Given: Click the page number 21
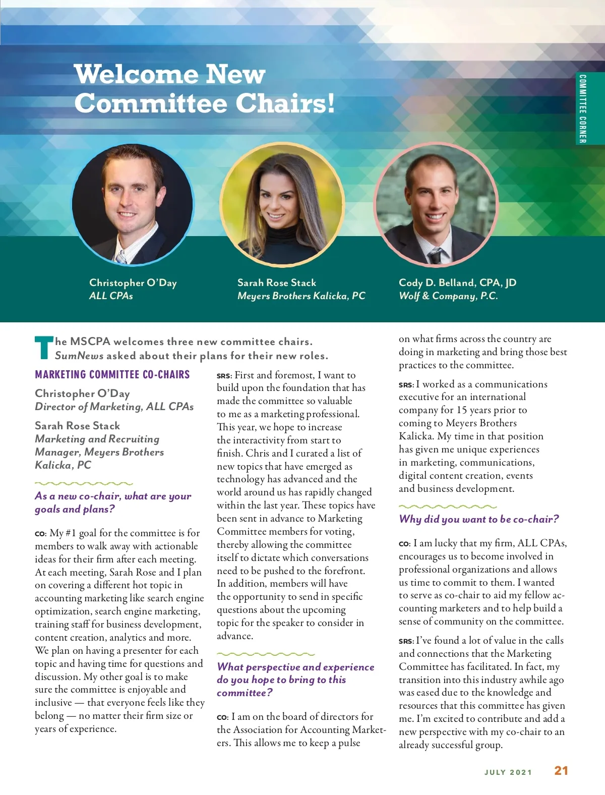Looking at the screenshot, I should point(561,771).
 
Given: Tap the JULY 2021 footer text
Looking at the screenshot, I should point(508,772).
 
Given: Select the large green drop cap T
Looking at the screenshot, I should point(44,348).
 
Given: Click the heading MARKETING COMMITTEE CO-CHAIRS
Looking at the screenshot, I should point(112,374).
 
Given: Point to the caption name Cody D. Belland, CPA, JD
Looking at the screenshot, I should point(457,282).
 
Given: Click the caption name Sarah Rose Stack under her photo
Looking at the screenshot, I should point(277,282).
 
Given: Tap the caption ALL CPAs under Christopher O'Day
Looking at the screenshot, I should point(111,296).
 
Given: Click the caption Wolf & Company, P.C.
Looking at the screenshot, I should point(448,296).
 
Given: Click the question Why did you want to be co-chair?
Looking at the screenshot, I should point(478,519).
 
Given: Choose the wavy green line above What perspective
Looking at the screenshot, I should point(266,654).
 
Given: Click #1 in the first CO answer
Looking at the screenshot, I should point(71,533).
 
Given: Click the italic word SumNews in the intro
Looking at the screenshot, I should point(79,356).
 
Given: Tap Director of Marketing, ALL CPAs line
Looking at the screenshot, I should point(114,407).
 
